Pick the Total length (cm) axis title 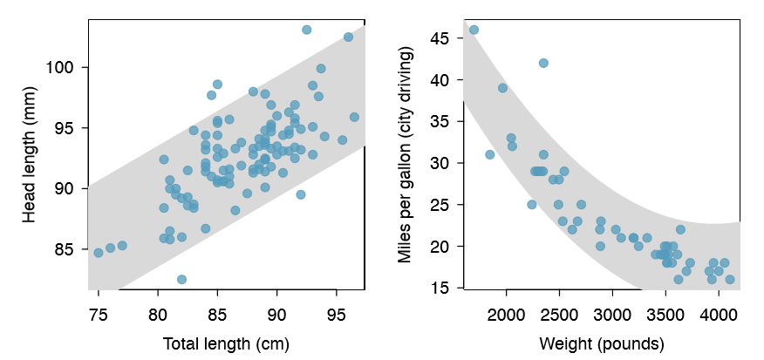pos(226,343)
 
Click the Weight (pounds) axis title pos(603,343)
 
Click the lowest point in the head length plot pos(181,279)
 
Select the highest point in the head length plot pos(307,30)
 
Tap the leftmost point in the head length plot pos(99,253)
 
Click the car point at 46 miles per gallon pos(474,30)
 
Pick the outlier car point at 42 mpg pos(543,63)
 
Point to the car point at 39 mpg pos(502,88)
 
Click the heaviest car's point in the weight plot pos(730,279)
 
